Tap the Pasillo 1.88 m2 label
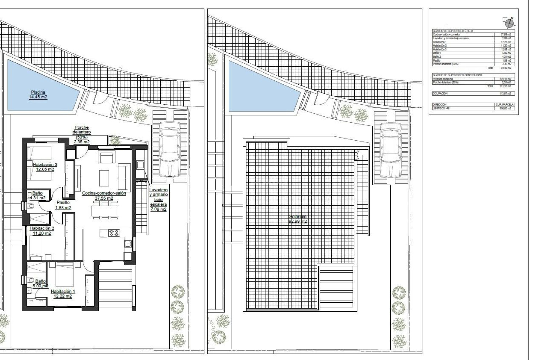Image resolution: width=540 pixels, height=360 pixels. [63, 205]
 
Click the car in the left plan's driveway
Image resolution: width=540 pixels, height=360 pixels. [169, 149]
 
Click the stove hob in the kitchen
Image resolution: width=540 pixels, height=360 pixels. [114, 233]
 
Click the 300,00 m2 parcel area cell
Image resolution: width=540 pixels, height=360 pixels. [505, 108]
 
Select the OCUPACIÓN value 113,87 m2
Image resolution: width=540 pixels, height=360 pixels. [505, 93]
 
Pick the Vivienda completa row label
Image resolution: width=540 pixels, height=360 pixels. [443, 79]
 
